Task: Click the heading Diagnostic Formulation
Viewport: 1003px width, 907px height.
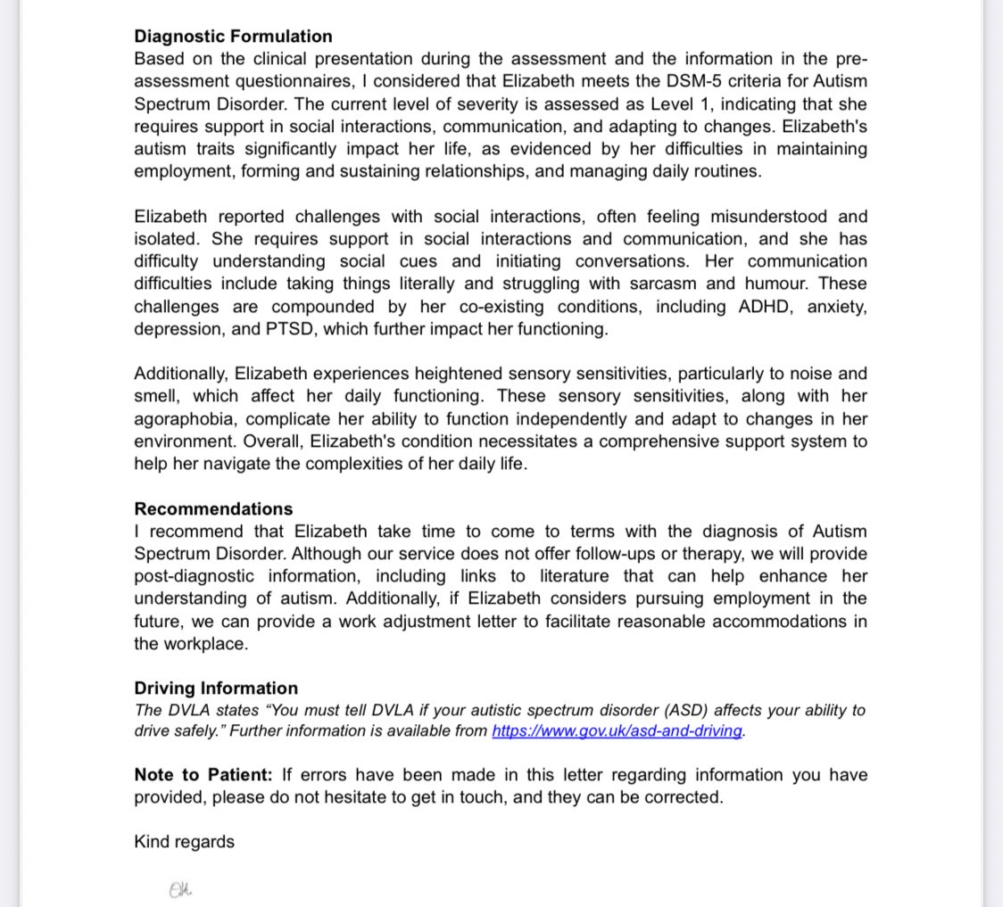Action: [x=233, y=37]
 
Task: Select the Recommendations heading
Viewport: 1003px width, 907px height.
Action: [x=213, y=509]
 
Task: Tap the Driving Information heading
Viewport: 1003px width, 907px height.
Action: [x=216, y=688]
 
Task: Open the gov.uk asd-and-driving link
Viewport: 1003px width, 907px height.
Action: [x=617, y=731]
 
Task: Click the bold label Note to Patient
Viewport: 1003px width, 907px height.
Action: [x=203, y=775]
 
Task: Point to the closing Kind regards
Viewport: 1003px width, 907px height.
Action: [x=184, y=842]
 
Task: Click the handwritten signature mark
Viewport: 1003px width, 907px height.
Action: [x=181, y=889]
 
